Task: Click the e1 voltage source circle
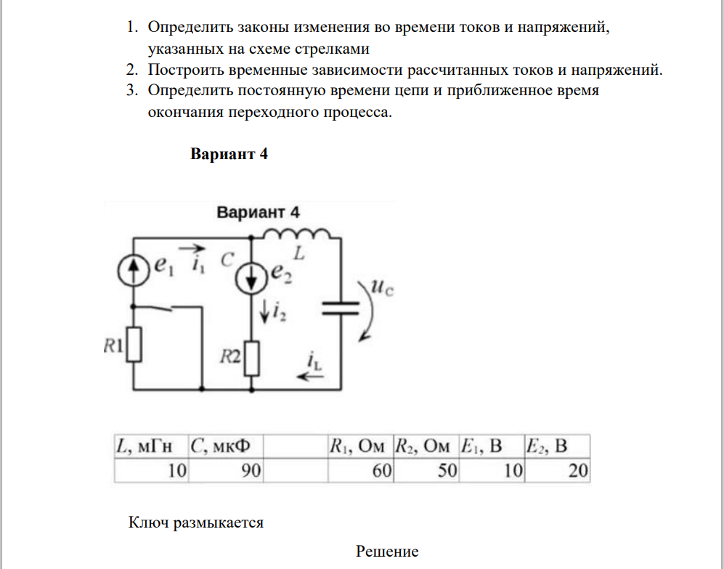pyautogui.click(x=133, y=270)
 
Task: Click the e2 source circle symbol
pyautogui.click(x=252, y=275)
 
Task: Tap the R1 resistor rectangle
pyautogui.click(x=134, y=344)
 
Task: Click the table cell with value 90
pyautogui.click(x=226, y=471)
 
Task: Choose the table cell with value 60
pyautogui.click(x=360, y=471)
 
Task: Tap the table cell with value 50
pyautogui.click(x=426, y=471)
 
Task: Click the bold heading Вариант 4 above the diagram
pyautogui.click(x=229, y=154)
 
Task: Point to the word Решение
pyautogui.click(x=387, y=552)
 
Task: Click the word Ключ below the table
pyautogui.click(x=148, y=522)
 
